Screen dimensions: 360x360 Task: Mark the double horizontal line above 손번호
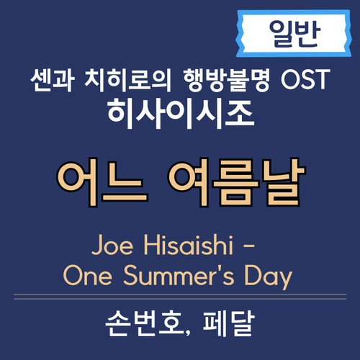pyautogui.click(x=179, y=297)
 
